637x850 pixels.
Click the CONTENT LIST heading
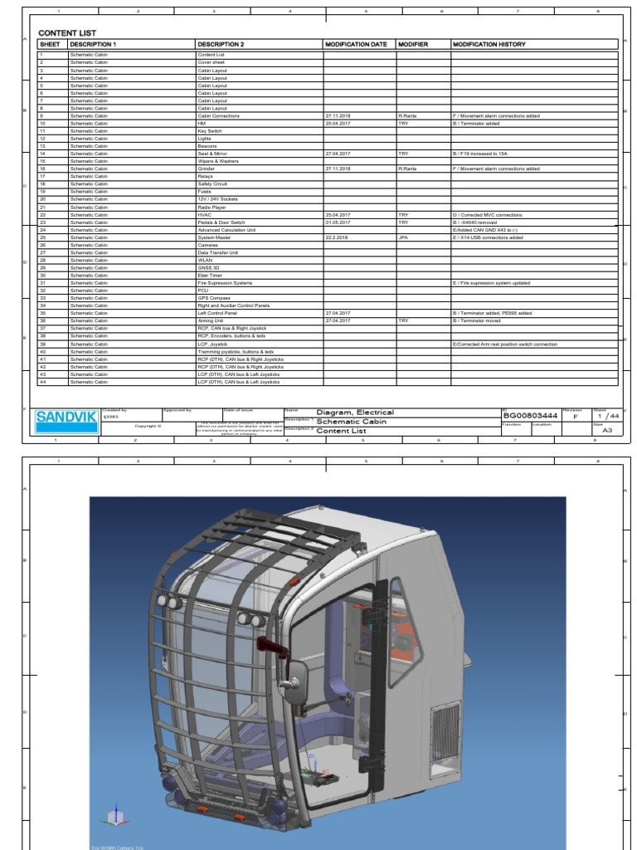tap(67, 33)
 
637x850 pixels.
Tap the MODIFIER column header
tap(412, 44)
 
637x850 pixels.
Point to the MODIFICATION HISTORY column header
tap(489, 44)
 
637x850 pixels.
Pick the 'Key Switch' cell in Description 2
tap(209, 131)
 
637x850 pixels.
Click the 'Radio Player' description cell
tap(212, 207)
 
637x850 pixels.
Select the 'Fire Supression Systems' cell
tap(224, 283)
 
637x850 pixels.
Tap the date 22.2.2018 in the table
tap(337, 237)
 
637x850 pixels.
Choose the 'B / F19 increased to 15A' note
tap(480, 154)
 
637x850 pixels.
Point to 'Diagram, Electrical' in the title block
tap(355, 413)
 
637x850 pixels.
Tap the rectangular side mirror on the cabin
tap(295, 681)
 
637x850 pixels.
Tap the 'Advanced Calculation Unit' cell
tap(226, 230)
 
